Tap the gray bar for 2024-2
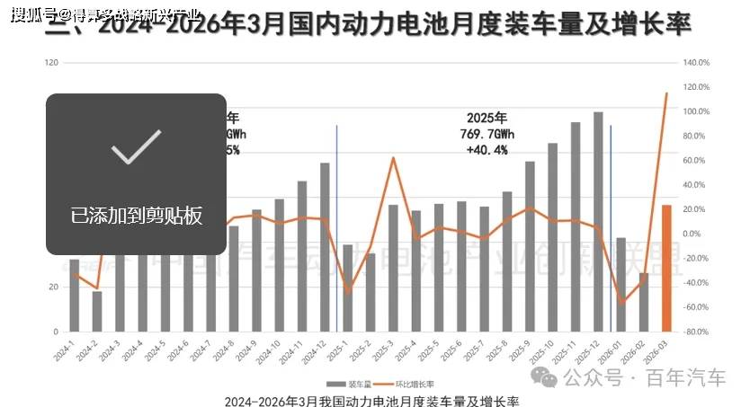point(97,311)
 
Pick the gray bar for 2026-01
point(621,284)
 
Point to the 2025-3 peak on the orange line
point(393,158)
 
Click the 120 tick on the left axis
point(51,63)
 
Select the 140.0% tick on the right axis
point(697,63)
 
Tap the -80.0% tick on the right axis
point(697,332)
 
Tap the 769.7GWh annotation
point(487,133)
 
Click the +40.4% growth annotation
point(487,149)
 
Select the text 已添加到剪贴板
point(136,216)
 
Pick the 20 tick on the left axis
point(53,288)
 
